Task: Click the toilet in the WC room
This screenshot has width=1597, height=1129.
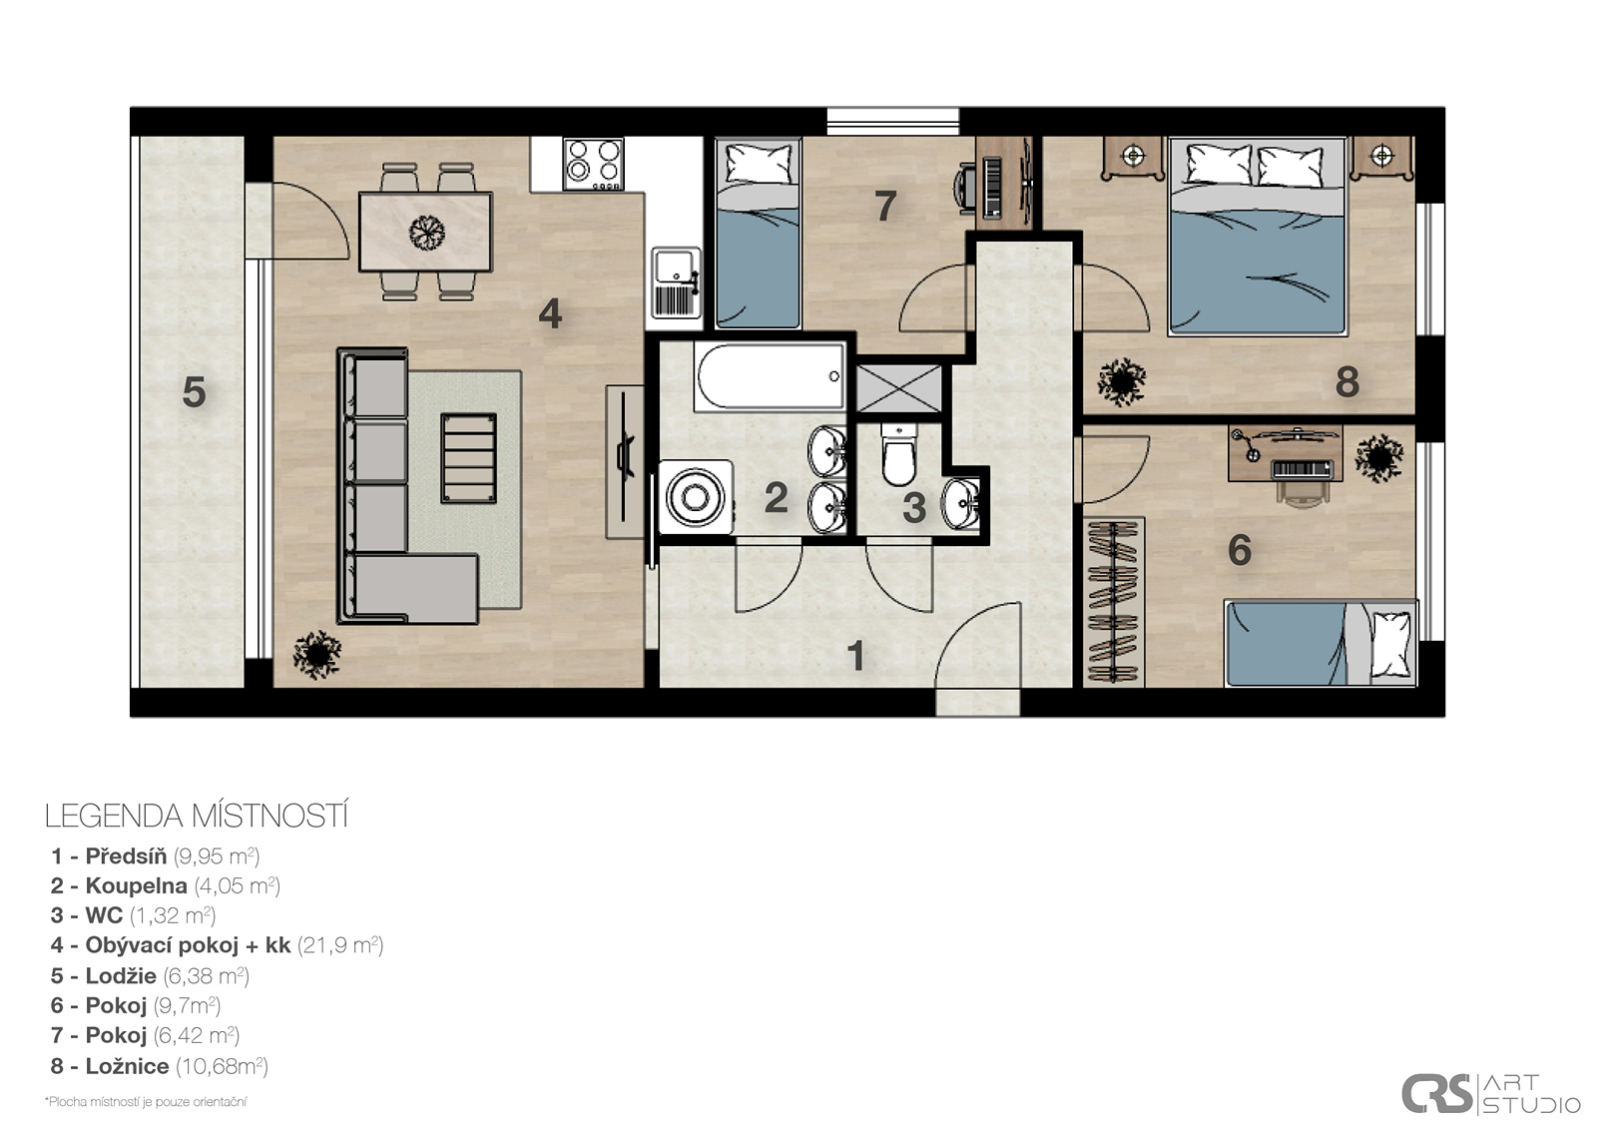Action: [898, 453]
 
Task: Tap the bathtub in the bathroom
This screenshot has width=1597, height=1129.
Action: [770, 376]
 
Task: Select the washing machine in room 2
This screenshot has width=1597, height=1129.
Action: [695, 497]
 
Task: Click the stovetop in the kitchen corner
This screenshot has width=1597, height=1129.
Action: [593, 164]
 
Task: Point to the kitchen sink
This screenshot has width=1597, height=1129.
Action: [676, 282]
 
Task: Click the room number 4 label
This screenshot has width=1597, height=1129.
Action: [550, 313]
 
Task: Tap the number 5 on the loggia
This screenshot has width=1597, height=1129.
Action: [194, 392]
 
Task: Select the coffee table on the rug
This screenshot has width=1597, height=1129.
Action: [468, 458]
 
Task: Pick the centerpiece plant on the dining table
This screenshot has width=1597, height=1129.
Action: [427, 232]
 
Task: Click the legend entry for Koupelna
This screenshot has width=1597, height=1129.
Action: [166, 885]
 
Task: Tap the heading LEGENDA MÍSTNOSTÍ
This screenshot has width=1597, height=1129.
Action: [196, 817]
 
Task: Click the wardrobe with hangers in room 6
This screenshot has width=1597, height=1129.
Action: [1114, 603]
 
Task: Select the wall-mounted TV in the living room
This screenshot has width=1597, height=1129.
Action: [625, 461]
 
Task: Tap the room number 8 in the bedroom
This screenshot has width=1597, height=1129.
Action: [1346, 382]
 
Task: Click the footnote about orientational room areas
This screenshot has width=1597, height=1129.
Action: [146, 1102]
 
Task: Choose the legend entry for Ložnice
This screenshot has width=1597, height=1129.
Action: [159, 1066]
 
